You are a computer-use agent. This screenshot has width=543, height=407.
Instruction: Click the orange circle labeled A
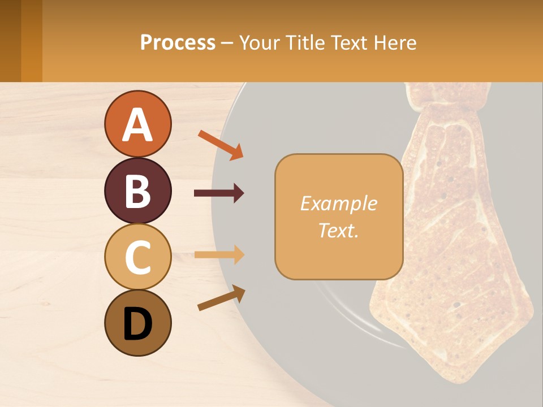click(x=137, y=124)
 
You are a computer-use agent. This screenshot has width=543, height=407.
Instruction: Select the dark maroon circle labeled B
click(x=137, y=190)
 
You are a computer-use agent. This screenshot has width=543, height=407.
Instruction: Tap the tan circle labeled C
click(x=137, y=257)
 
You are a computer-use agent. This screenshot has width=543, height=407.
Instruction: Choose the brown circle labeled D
click(x=137, y=323)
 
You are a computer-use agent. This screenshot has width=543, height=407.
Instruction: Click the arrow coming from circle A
click(x=221, y=145)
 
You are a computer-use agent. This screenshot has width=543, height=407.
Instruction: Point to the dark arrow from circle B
click(x=219, y=193)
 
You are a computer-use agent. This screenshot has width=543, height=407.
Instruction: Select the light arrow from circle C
click(x=219, y=255)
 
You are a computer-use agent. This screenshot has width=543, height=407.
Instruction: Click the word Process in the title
click(x=178, y=42)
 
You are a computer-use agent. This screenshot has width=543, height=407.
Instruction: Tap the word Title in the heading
click(x=303, y=42)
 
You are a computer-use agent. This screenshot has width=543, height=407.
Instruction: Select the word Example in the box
click(x=338, y=203)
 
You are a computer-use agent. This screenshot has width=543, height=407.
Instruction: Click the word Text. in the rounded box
click(x=338, y=230)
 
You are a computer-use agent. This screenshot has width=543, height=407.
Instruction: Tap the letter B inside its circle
click(x=137, y=190)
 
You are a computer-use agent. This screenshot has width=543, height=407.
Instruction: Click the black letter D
click(x=137, y=324)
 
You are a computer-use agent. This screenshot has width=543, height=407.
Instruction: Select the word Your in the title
click(x=261, y=42)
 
